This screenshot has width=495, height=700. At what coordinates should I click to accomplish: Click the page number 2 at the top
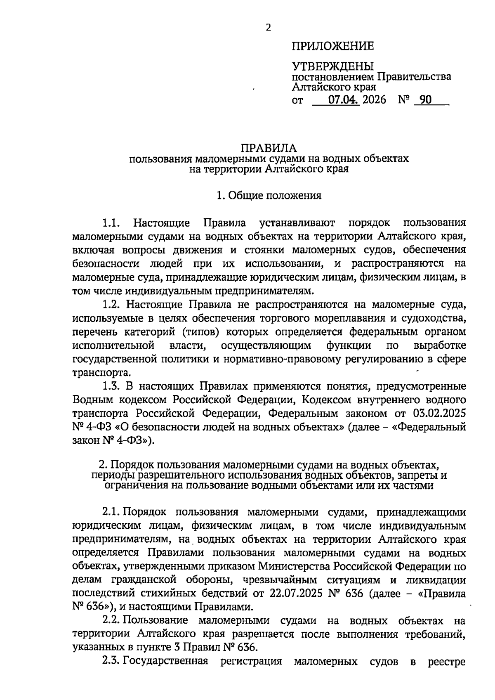[x=269, y=28]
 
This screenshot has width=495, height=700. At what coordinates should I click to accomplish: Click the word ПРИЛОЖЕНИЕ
[x=333, y=46]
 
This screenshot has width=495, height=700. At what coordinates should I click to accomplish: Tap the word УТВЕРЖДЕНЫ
[x=332, y=66]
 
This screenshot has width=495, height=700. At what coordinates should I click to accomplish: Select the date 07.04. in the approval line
[x=344, y=100]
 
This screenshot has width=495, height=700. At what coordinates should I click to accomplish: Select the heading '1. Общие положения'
[x=269, y=196]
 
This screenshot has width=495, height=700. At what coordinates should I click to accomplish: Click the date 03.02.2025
[x=439, y=414]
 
